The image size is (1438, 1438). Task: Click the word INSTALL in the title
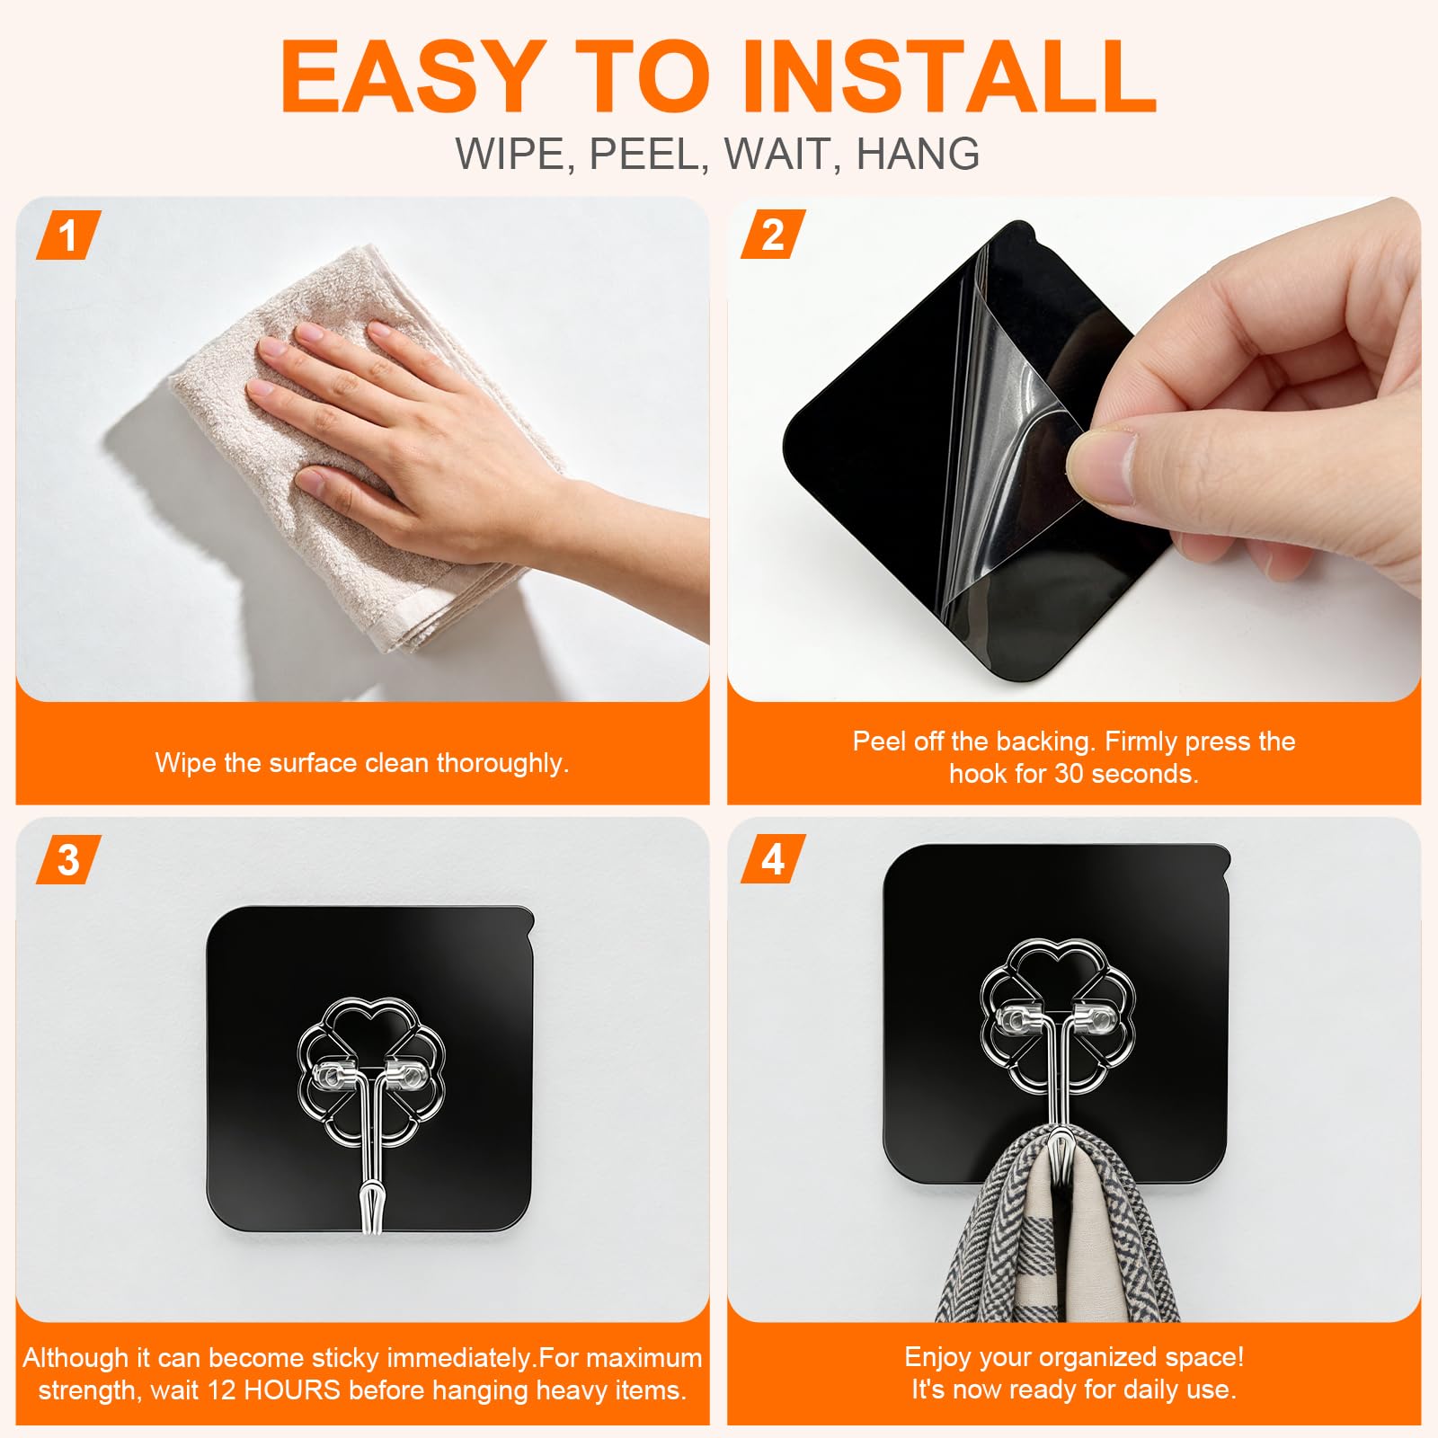(949, 77)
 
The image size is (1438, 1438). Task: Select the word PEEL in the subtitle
(644, 154)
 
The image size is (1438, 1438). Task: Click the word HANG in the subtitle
(918, 154)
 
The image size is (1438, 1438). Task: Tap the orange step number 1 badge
(68, 235)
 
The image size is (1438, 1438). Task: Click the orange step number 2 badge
(773, 235)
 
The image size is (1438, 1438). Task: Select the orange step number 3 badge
(68, 860)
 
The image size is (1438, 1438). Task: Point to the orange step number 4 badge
(773, 860)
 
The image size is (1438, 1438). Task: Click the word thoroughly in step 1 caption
(502, 764)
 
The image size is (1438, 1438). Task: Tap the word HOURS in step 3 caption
(292, 1390)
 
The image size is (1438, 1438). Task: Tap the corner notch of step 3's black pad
(528, 919)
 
